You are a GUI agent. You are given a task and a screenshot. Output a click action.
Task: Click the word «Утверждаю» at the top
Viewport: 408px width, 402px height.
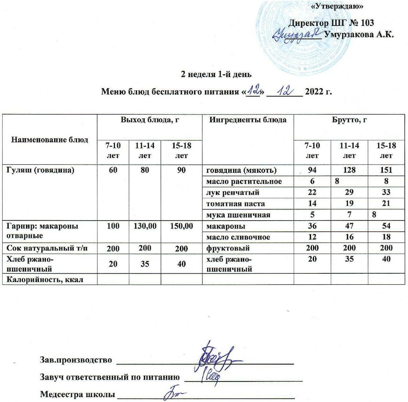click(x=338, y=6)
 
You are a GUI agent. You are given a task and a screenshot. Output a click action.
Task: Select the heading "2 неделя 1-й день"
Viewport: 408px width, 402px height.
click(x=216, y=74)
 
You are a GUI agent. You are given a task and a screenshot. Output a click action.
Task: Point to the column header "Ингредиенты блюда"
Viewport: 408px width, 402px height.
click(x=247, y=120)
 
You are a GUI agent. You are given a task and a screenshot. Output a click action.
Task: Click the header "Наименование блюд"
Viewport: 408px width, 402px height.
click(x=50, y=139)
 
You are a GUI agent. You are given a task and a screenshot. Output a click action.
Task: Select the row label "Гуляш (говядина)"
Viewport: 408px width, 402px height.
click(x=40, y=170)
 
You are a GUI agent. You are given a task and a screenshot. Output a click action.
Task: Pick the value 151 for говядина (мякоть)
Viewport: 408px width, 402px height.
click(x=386, y=170)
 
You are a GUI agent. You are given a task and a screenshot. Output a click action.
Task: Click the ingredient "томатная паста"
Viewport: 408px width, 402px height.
click(x=235, y=203)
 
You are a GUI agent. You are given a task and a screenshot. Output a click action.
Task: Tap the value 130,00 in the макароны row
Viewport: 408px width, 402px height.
click(x=145, y=226)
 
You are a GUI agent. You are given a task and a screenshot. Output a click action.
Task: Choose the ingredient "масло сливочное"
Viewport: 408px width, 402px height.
click(x=238, y=237)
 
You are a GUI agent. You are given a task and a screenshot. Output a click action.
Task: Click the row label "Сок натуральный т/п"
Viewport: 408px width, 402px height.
click(x=47, y=248)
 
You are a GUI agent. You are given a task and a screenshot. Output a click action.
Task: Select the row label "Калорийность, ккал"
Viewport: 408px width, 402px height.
click(x=45, y=279)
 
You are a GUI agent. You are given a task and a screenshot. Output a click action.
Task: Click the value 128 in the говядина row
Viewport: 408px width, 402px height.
click(x=349, y=170)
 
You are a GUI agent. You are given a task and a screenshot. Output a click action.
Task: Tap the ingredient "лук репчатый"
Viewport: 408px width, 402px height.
click(x=233, y=192)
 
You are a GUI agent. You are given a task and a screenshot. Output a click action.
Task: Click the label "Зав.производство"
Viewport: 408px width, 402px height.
click(x=76, y=360)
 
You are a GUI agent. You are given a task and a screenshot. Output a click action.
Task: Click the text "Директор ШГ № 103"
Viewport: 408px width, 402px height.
click(x=331, y=23)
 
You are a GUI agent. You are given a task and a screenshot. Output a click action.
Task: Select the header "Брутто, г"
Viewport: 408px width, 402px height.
click(x=349, y=120)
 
